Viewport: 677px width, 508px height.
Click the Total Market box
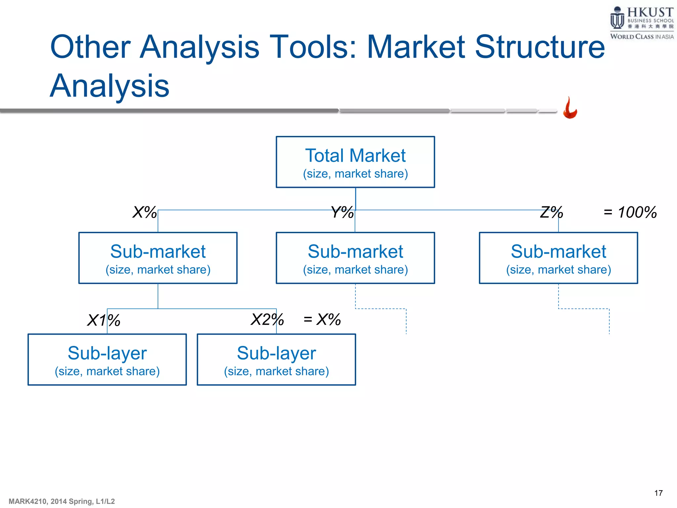[x=355, y=162]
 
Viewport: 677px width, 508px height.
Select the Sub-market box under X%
[x=158, y=258]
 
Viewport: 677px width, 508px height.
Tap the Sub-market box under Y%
[x=355, y=258]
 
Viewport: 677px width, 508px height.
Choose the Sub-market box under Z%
[x=558, y=258]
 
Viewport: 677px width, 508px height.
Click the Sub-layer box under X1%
[x=107, y=360]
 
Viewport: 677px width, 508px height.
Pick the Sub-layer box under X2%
[x=276, y=360]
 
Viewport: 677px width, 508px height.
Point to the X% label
[x=144, y=212]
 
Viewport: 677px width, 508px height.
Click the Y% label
[x=342, y=212]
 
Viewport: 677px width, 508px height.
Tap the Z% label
[x=551, y=212]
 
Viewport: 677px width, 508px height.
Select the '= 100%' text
[x=630, y=212]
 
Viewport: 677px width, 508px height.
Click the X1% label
[x=103, y=320]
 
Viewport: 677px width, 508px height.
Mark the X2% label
[x=267, y=319]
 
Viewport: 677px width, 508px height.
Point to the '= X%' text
[x=322, y=319]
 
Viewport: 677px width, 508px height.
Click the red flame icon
[x=570, y=108]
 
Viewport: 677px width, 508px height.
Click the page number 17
[x=658, y=493]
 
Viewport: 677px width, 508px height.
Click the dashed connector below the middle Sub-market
[x=381, y=309]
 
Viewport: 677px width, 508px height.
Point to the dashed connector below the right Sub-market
[x=584, y=309]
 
